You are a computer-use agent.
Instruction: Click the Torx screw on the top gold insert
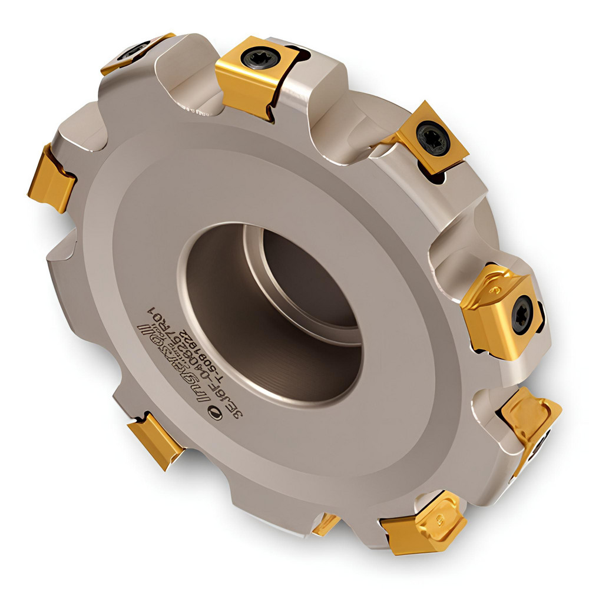coord(258,60)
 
